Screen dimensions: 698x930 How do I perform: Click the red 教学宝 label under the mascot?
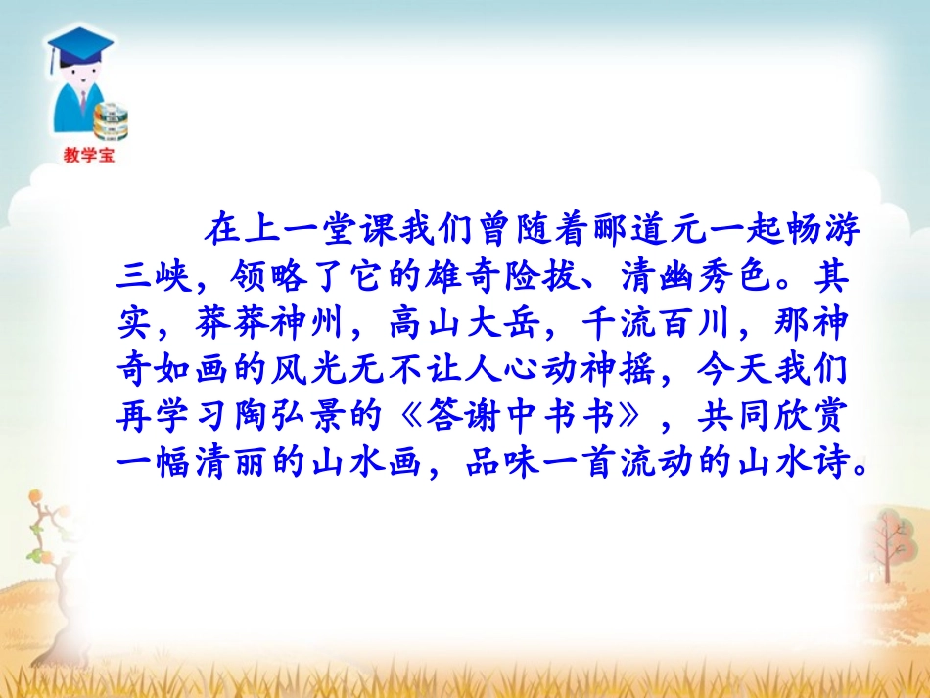pos(88,154)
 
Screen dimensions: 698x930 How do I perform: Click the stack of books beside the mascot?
pos(113,119)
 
